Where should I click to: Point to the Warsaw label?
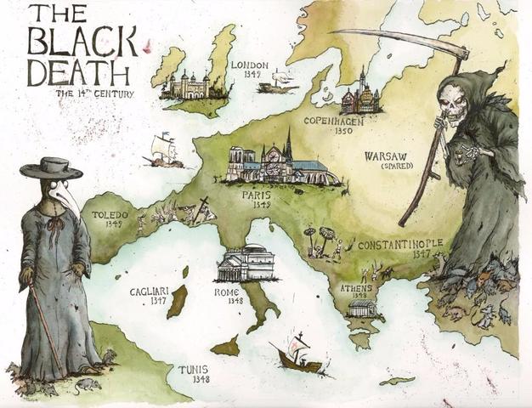[390, 156]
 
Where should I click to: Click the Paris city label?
[256, 195]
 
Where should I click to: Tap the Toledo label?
[110, 216]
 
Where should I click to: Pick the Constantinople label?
[399, 245]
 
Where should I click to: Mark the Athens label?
[356, 288]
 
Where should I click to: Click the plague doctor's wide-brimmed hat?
[51, 167]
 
